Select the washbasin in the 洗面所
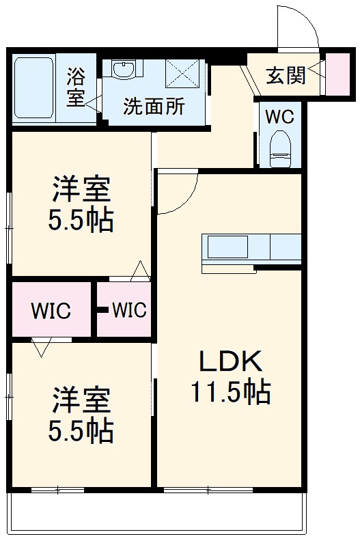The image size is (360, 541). (x=124, y=70)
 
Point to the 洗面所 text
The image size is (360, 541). (x=153, y=107)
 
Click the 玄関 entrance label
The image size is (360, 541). (x=286, y=75)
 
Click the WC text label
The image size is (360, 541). (x=279, y=116)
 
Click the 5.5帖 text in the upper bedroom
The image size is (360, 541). (x=81, y=221)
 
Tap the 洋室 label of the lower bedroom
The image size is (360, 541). (x=81, y=400)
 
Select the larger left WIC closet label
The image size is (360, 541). (x=51, y=311)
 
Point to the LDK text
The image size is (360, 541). (x=230, y=361)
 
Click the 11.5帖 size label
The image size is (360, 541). (x=230, y=393)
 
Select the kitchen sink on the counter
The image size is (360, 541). (x=227, y=247)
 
